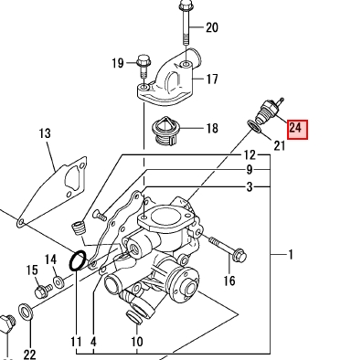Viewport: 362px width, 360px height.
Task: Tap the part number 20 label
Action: (212, 27)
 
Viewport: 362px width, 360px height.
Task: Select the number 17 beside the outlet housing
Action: (212, 79)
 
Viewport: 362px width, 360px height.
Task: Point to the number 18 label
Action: (212, 128)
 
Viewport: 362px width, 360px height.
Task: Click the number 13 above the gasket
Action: (45, 133)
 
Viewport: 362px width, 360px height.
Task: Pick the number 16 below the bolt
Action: (229, 281)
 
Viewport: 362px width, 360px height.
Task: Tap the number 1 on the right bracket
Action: (291, 254)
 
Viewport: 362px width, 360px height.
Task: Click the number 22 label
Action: (29, 355)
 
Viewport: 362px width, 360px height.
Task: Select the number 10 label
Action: (137, 342)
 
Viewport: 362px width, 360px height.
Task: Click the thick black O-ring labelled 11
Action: (78, 260)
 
